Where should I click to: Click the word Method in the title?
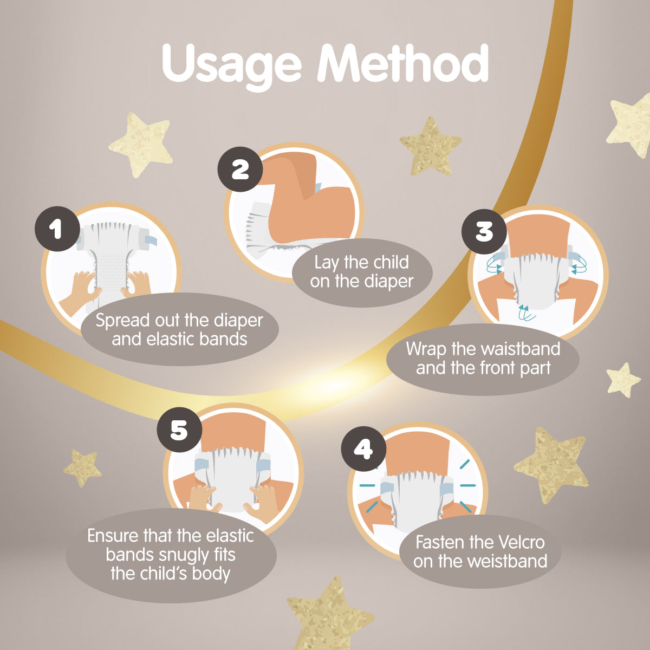[x=403, y=63]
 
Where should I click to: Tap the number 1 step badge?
[x=57, y=229]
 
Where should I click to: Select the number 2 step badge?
[x=240, y=170]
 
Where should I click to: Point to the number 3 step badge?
[x=484, y=231]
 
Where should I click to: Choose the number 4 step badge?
[x=363, y=449]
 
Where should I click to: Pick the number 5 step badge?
[x=179, y=430]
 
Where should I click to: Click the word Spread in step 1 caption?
[x=123, y=321]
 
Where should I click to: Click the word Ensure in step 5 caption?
[x=113, y=536]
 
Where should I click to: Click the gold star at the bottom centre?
[x=330, y=614]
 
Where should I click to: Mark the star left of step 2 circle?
[x=140, y=144]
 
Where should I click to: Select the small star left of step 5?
[x=82, y=467]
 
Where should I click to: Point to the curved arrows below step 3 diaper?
[x=526, y=313]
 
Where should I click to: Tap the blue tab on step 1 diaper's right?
[x=151, y=240]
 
